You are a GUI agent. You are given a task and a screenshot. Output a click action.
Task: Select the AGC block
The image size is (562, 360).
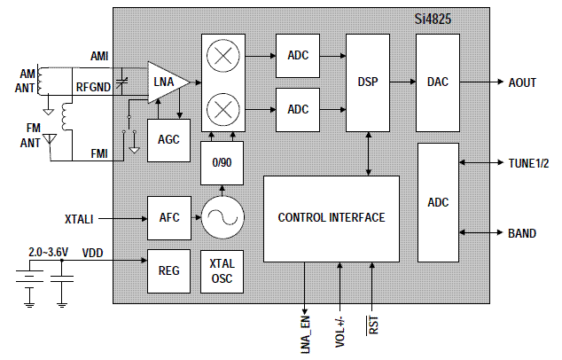168,140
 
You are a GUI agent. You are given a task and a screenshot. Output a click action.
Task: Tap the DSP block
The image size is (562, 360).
368,82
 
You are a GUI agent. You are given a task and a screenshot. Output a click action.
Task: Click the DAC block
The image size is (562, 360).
438,82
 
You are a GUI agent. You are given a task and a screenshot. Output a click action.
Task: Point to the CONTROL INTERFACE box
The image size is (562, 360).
331,218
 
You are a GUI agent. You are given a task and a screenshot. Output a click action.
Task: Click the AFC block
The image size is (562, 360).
168,218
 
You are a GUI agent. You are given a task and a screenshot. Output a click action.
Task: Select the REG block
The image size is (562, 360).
168,270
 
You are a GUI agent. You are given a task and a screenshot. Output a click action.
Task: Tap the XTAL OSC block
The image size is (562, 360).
222,270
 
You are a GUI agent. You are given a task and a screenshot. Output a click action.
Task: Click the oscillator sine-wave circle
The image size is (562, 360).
222,218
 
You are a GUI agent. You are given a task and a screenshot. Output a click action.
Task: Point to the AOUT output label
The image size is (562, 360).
522,82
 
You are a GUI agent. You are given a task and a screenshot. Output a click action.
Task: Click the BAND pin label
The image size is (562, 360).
521,233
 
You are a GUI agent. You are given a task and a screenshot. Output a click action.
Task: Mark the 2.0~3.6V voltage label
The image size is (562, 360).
51,252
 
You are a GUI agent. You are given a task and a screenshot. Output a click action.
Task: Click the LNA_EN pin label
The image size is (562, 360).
305,333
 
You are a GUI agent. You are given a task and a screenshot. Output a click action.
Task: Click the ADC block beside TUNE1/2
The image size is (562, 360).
438,202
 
